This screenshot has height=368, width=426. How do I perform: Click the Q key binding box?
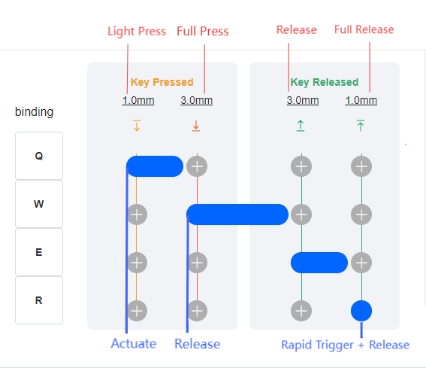39,156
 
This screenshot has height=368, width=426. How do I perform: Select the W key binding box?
39,204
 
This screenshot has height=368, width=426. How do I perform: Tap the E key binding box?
39,252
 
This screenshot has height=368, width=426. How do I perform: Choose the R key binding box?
39,300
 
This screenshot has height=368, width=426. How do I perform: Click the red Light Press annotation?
137,32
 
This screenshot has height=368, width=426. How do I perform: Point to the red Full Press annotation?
203,31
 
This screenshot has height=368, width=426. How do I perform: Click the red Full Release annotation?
364,29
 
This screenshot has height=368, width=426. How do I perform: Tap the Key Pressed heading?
162,82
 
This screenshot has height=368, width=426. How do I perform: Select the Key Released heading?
325,82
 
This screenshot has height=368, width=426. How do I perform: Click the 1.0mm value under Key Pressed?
138,100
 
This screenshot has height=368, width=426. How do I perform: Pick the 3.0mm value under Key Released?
303,100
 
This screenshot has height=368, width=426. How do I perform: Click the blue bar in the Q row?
155,166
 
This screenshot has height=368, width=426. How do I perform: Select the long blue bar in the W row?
237,214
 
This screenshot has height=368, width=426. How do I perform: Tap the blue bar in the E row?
319,263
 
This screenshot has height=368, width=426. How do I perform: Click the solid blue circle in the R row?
361,311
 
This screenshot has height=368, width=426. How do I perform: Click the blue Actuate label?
134,343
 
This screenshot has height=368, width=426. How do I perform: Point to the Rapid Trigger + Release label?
346,345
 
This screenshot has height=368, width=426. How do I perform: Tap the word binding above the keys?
35,112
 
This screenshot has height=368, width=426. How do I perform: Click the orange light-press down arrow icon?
137,126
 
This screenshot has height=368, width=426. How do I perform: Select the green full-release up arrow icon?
361,126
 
